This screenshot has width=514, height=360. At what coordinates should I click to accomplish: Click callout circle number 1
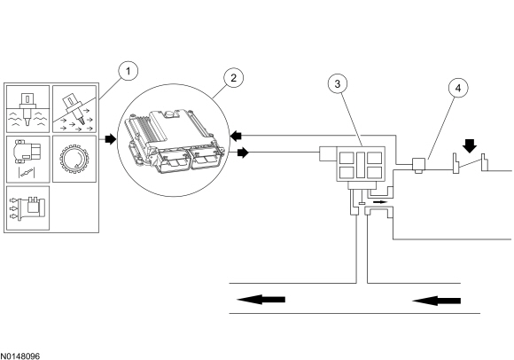tap(128, 71)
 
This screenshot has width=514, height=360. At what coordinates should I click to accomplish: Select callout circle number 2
tap(233, 78)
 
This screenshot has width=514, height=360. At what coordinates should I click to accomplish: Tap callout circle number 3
tap(338, 84)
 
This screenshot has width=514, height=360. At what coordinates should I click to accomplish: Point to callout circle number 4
tap(458, 88)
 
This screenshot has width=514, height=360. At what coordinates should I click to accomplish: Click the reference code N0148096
tap(19, 356)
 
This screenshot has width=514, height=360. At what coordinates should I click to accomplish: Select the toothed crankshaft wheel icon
tap(74, 160)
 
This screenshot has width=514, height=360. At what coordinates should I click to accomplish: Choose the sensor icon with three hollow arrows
tap(27, 208)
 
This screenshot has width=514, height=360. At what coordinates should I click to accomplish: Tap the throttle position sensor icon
tap(27, 159)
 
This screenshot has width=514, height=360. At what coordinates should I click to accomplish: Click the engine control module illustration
tap(174, 140)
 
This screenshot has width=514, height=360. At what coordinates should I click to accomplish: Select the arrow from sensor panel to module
tap(111, 139)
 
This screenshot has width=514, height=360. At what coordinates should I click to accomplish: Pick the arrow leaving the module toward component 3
tap(243, 153)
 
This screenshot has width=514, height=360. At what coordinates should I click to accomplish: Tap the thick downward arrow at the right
tap(471, 145)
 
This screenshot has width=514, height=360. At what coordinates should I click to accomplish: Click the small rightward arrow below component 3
tap(380, 202)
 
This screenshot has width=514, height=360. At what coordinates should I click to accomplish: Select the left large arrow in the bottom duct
tap(261, 300)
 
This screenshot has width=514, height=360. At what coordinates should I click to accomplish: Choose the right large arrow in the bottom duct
tap(436, 301)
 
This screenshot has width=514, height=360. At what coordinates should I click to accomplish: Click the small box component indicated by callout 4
tap(418, 165)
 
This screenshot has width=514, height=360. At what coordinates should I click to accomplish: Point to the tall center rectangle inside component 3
tap(361, 165)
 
